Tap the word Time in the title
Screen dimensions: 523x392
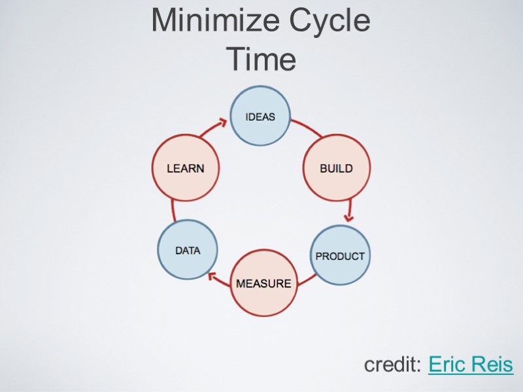tap(261, 60)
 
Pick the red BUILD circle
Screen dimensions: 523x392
tap(336, 168)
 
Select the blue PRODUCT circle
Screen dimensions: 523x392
tap(340, 255)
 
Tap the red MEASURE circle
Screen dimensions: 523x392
tap(263, 283)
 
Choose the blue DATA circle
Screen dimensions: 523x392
tap(188, 250)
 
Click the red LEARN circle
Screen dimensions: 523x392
tap(185, 168)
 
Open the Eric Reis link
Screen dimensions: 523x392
tap(471, 365)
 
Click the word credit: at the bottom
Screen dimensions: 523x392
tap(393, 365)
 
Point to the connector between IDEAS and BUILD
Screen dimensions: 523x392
tap(305, 127)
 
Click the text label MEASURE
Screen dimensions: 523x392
tap(263, 284)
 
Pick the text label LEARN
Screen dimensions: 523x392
tap(185, 168)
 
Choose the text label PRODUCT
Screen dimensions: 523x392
tap(340, 256)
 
